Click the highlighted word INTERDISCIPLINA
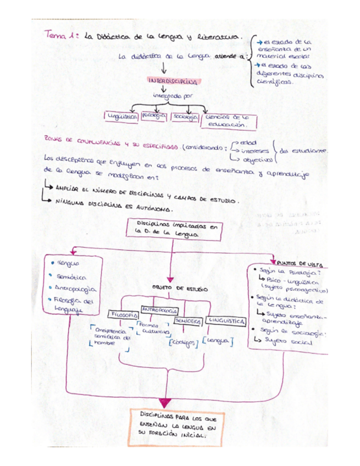click(173, 81)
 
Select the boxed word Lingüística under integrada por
click(122, 116)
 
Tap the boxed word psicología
click(153, 116)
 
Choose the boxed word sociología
click(184, 116)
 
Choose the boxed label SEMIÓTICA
click(188, 320)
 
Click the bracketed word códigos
click(183, 343)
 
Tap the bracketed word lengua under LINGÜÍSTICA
click(218, 341)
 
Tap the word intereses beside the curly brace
click(253, 151)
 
